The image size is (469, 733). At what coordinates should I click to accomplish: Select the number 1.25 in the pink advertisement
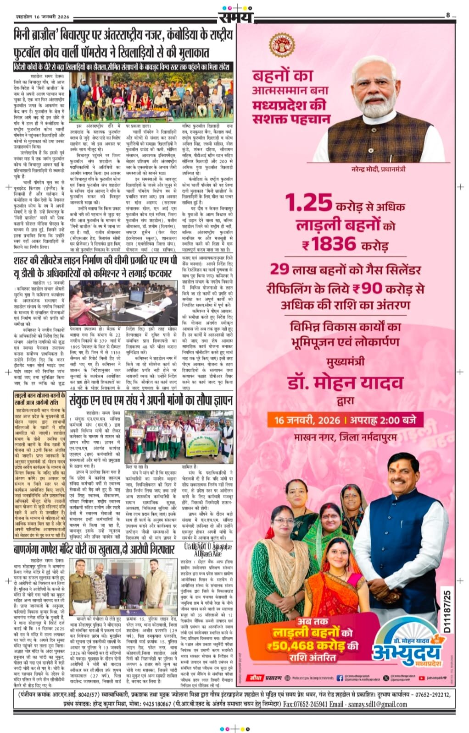[308, 202]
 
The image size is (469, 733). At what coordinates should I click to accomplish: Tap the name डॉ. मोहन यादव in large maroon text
[345, 383]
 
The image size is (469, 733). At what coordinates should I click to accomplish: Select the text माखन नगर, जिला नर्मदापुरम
[345, 437]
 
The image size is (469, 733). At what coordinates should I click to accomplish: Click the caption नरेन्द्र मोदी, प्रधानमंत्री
[380, 169]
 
